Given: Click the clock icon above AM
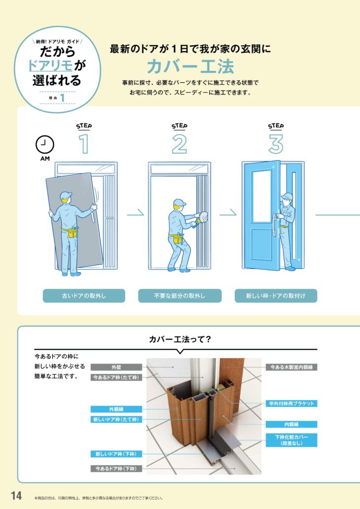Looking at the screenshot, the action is [45, 145].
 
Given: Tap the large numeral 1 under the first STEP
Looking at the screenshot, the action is [84, 144].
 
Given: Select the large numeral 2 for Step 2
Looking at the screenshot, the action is [180, 144].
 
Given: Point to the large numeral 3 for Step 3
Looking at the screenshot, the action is [276, 144].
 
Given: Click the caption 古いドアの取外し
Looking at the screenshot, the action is [84, 296].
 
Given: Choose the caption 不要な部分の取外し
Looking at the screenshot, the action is [180, 296].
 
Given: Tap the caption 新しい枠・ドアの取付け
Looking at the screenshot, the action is [276, 296].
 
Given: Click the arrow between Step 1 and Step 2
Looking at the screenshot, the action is [135, 214].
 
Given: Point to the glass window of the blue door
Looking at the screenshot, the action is [261, 196].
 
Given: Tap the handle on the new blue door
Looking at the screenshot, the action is [275, 225].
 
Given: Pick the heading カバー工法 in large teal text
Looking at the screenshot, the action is [190, 67].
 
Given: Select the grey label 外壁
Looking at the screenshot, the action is [116, 367].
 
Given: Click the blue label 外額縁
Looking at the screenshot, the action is [116, 409].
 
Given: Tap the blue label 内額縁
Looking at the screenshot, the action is [291, 424].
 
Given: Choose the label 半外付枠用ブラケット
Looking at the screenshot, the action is [291, 404].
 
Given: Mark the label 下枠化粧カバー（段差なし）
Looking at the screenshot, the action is [291, 440].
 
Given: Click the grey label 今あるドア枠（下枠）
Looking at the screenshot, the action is [116, 469].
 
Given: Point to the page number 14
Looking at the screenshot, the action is [16, 496].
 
